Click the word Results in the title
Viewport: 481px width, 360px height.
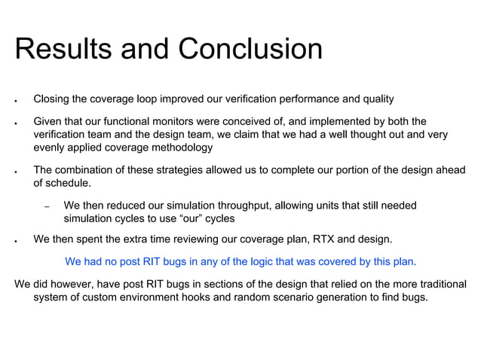coord(58,50)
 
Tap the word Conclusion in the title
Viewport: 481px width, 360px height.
coord(250,50)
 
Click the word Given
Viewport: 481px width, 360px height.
coord(48,121)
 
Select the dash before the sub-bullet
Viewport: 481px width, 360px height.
coord(47,206)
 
